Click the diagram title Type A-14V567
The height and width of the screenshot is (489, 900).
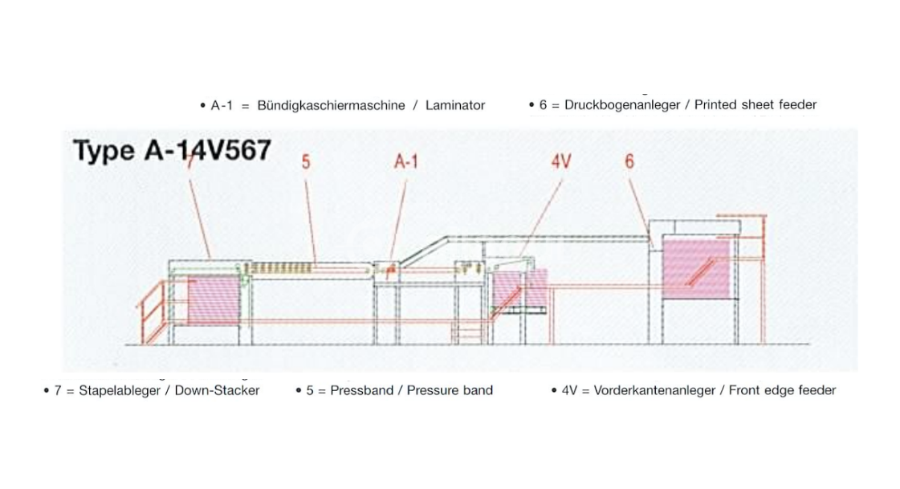tap(171, 150)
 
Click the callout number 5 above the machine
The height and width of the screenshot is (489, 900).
tap(306, 161)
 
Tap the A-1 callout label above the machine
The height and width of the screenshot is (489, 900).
tap(406, 161)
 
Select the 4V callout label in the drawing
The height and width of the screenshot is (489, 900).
tap(560, 161)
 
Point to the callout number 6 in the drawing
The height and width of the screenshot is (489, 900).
tap(629, 161)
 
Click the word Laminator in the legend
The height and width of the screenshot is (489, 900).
tap(455, 105)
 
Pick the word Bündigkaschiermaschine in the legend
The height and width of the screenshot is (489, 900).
tap(331, 105)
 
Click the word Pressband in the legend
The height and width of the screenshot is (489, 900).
tap(361, 391)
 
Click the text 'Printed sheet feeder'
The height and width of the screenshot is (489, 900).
tap(755, 104)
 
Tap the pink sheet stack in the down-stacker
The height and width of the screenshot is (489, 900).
tap(213, 300)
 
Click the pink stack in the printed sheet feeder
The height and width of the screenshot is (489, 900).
tap(695, 268)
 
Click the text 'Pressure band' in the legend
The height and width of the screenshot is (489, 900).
tap(450, 391)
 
